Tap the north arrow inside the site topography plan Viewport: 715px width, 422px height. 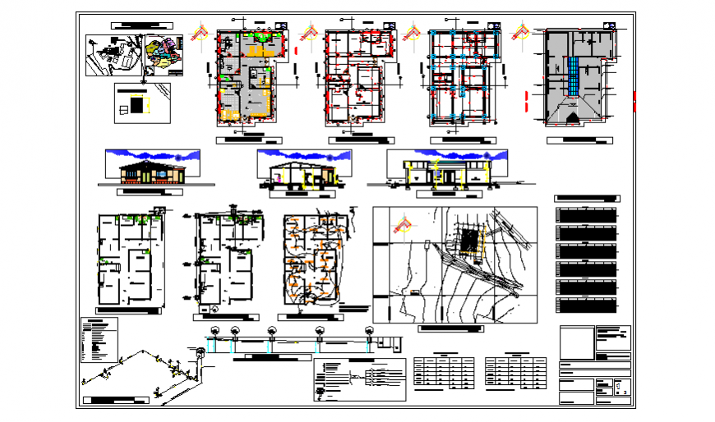pos(404,223)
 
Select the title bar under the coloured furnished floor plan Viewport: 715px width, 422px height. pos(248,140)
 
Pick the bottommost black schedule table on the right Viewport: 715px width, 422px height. pos(586,305)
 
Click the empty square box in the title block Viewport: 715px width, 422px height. pos(575,342)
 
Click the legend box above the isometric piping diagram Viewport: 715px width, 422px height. pos(99,340)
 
